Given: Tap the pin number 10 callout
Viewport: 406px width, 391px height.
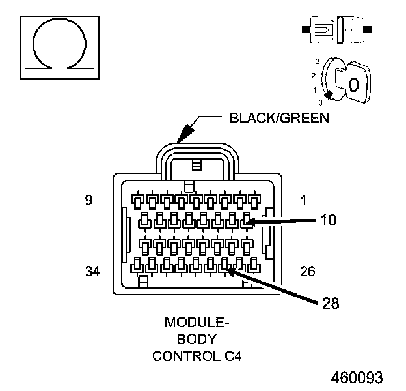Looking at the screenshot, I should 329,220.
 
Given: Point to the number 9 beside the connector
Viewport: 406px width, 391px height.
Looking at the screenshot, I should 88,201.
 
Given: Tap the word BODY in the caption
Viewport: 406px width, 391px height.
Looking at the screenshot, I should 195,339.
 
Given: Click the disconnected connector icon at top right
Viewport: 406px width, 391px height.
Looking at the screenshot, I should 336,29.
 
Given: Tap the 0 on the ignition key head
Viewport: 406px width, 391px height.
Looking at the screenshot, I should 354,85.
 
